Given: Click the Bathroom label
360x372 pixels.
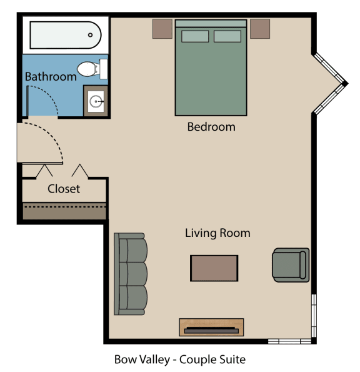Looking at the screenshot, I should [x=51, y=77].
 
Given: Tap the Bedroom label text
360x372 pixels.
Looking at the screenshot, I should [x=211, y=127].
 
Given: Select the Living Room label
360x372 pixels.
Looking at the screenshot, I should [x=217, y=233].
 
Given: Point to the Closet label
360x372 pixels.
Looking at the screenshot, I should [x=64, y=189].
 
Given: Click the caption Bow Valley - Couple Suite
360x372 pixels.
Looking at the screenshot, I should [x=180, y=359].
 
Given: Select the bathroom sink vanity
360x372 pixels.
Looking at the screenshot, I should [x=96, y=101].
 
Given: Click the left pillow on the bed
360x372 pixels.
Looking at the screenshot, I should [x=195, y=36].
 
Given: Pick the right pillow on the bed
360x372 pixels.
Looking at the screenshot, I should [x=227, y=36].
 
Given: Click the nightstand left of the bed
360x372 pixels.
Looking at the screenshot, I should [x=162, y=28].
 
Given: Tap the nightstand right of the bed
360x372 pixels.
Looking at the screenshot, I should [x=260, y=28].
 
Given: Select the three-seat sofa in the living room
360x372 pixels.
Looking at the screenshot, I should [x=130, y=274].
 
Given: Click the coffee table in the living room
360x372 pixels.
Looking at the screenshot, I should [x=214, y=268].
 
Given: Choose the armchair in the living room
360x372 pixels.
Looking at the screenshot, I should [x=291, y=265].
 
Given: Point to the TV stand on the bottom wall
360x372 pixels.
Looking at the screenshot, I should [x=211, y=327].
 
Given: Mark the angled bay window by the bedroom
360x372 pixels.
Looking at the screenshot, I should [x=330, y=84].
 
